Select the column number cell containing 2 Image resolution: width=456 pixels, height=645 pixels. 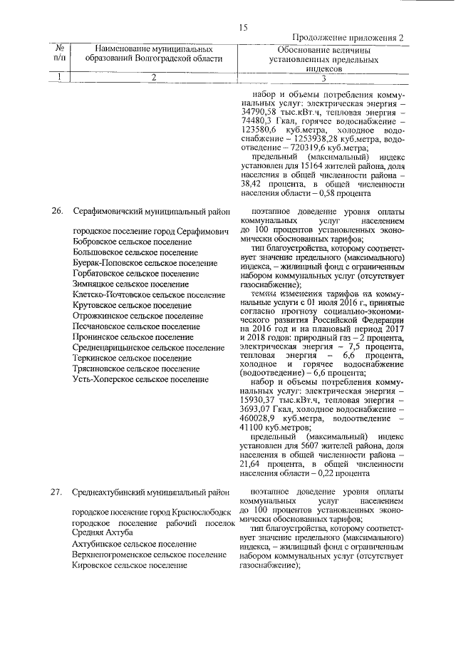point(152,78)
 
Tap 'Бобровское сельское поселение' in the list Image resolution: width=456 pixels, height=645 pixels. point(133,242)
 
